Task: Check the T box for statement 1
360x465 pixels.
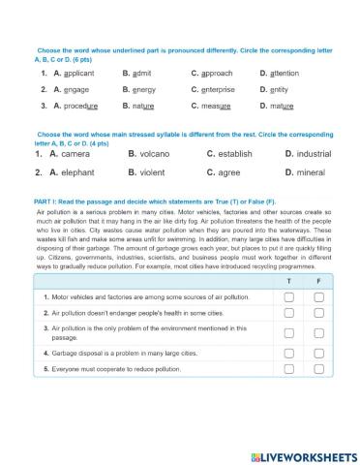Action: pos(288,297)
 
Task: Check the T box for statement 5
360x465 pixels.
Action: pos(288,370)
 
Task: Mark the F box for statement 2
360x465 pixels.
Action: pos(318,314)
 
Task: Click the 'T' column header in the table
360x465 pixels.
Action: pos(288,280)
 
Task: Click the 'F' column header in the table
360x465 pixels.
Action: pos(318,280)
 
